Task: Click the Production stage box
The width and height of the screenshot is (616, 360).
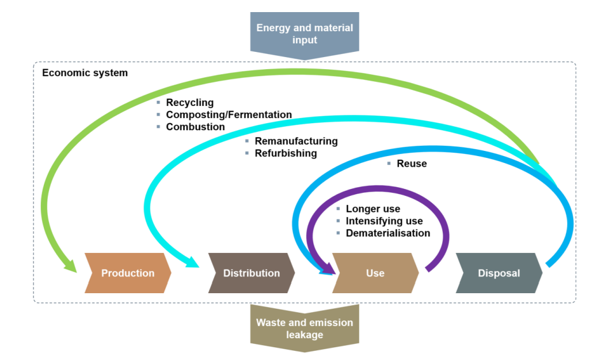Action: (x=128, y=273)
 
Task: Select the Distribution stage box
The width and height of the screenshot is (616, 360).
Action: (x=252, y=273)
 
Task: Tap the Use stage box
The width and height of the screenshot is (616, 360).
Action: (x=375, y=273)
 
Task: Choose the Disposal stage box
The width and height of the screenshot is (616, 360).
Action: (x=499, y=273)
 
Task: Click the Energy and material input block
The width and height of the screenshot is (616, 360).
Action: (x=305, y=34)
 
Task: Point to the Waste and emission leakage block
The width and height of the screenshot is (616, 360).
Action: (x=305, y=328)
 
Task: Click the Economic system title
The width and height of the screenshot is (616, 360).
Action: (x=85, y=73)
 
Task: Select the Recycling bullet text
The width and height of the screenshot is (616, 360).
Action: (x=189, y=103)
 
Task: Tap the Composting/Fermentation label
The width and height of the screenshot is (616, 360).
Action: (x=229, y=115)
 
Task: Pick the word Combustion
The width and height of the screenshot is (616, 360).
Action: (x=195, y=127)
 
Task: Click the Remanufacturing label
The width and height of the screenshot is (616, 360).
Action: (x=296, y=141)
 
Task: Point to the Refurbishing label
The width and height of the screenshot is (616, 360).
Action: (x=286, y=153)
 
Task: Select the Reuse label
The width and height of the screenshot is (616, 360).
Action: (x=412, y=164)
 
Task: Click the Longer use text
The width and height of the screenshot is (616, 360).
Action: (x=372, y=209)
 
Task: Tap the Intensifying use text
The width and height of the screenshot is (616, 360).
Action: (x=384, y=221)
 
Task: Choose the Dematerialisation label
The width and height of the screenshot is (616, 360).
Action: (x=387, y=233)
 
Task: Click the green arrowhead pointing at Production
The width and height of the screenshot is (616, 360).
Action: (x=70, y=266)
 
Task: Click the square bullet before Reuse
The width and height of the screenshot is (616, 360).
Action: (x=389, y=164)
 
